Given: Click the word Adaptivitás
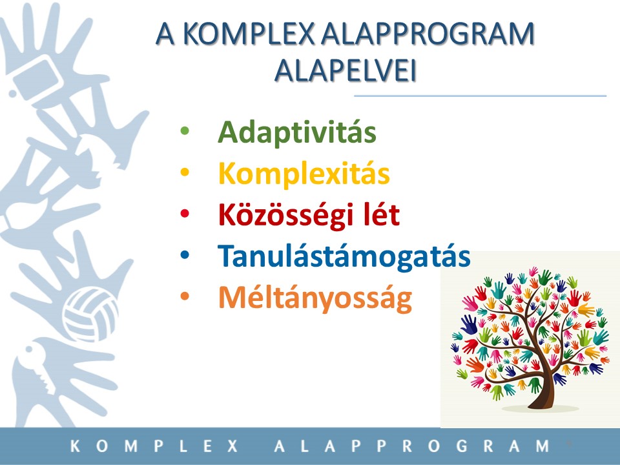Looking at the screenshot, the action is tap(296, 132).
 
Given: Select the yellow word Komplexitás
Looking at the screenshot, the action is tap(304, 173).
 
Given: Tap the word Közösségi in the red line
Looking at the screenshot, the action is tap(285, 215).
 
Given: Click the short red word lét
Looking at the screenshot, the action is tap(381, 214).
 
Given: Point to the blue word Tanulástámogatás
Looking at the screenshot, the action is tap(344, 256).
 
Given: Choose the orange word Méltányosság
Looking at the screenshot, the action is tap(315, 298).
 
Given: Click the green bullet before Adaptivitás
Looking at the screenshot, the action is tap(185, 130).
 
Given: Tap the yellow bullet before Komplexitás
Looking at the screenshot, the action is tap(185, 172).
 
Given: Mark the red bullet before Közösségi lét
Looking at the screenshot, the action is tap(185, 214).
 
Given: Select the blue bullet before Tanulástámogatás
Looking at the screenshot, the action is tap(185, 254).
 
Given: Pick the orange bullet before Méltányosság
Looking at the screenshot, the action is tap(185, 296).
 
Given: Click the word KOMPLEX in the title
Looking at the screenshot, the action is tap(249, 33).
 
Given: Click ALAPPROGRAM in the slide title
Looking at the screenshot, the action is tap(428, 33).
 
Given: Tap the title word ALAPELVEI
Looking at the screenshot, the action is tap(345, 71).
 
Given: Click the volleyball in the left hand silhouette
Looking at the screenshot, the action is tap(90, 315).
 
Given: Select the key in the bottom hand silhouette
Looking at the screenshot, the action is tap(38, 367).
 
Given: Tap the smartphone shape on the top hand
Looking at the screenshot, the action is tap(38, 79).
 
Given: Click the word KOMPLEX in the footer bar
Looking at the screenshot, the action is tap(154, 446).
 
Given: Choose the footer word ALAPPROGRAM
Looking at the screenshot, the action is tap(411, 446).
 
